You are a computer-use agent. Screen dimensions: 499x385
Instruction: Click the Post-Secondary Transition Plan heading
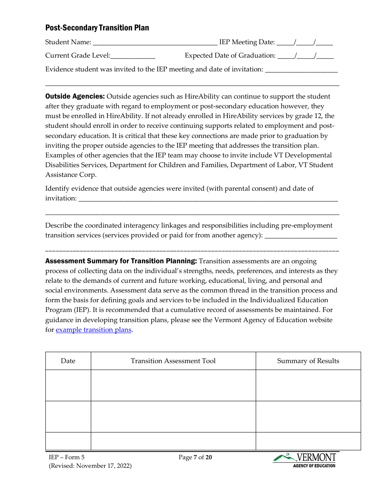pos(97,28)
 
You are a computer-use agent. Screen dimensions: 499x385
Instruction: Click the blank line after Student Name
pos(155,43)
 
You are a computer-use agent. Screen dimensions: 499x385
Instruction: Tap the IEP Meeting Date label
pos(247,42)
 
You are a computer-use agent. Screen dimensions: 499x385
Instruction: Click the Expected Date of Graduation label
pos(230,56)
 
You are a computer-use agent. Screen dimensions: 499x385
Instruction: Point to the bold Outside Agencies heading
pos(75,97)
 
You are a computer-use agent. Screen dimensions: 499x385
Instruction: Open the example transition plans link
pos(93,330)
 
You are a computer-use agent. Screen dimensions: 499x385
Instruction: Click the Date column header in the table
pos(68,361)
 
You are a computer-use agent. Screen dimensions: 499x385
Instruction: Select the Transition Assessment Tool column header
pos(173,361)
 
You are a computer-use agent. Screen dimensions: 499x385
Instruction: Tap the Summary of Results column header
pos(308,361)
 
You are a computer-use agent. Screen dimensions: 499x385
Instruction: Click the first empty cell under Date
pos(68,385)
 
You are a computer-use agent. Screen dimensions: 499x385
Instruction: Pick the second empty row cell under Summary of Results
pos(308,417)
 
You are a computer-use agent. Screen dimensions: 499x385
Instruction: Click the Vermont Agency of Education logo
pos(305,460)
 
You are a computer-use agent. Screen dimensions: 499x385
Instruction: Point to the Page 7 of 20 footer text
pos(195,458)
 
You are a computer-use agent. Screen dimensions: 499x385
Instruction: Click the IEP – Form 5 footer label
pos(66,458)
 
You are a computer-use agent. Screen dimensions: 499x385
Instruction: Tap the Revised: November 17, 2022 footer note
pos(90,466)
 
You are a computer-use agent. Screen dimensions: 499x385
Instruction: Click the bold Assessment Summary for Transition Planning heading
pos(121,261)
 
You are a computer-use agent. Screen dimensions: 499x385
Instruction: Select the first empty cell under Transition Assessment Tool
pos(173,385)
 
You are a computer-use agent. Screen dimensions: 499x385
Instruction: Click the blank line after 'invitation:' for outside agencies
pos(208,199)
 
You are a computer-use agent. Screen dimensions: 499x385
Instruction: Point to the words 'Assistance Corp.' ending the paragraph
pos(71,175)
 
